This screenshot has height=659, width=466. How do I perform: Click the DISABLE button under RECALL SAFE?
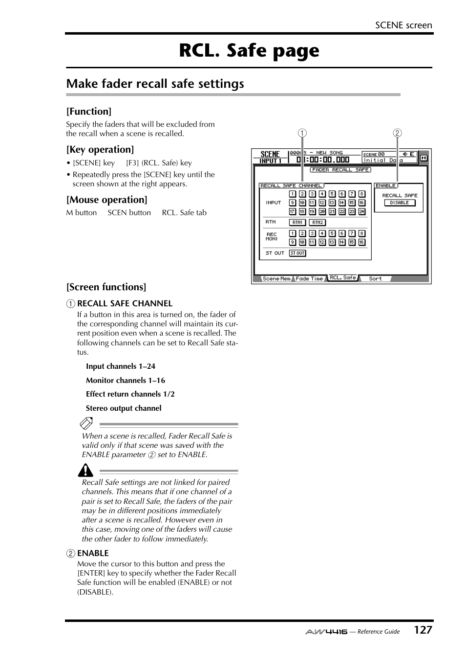pyautogui.click(x=399, y=203)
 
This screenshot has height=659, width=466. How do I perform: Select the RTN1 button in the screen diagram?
pyautogui.click(x=297, y=222)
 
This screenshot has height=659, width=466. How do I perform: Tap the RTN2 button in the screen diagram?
pyautogui.click(x=318, y=222)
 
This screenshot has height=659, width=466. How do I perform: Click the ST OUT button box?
pyautogui.click(x=297, y=253)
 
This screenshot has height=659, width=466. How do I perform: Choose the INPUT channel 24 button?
pyautogui.click(x=361, y=212)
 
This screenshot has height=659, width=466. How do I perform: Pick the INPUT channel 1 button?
pyautogui.click(x=292, y=194)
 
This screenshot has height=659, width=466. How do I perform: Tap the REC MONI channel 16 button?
pyautogui.click(x=361, y=242)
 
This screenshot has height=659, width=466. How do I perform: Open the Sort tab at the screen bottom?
pyautogui.click(x=375, y=279)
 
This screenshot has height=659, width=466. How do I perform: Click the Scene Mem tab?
pyautogui.click(x=276, y=279)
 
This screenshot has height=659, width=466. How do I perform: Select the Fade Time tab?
pyautogui.click(x=309, y=279)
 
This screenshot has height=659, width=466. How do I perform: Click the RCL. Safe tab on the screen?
pyautogui.click(x=343, y=278)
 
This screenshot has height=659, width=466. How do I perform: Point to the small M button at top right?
pyautogui.click(x=424, y=158)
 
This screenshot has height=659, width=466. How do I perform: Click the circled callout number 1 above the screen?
pyautogui.click(x=303, y=133)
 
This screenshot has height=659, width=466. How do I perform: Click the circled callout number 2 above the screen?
pyautogui.click(x=398, y=133)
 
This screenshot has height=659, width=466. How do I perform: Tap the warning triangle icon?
pyautogui.click(x=85, y=470)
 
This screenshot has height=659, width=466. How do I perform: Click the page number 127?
pyautogui.click(x=423, y=630)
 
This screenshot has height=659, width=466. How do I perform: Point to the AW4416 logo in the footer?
pyautogui.click(x=326, y=632)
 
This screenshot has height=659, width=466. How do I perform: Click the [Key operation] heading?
pyautogui.click(x=100, y=150)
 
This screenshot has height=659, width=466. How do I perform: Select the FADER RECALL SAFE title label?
pyautogui.click(x=340, y=170)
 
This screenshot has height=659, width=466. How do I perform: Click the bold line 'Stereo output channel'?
pyautogui.click(x=124, y=408)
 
